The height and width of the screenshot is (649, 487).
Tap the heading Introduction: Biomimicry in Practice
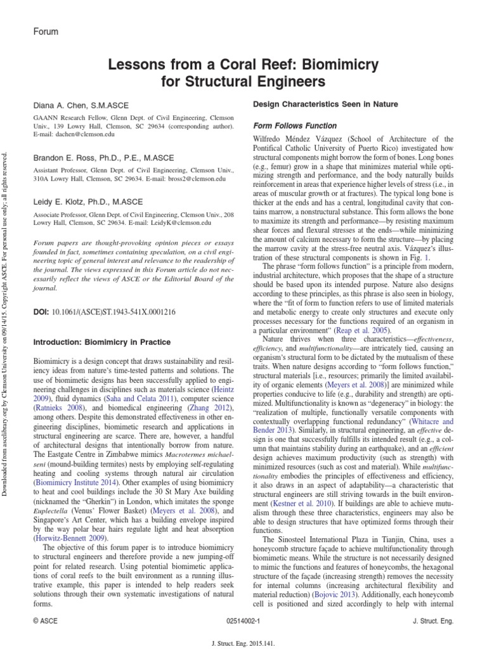(101, 342)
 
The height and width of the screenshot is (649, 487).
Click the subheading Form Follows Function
(295, 125)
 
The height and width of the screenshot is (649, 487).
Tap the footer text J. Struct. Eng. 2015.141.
(243, 641)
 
